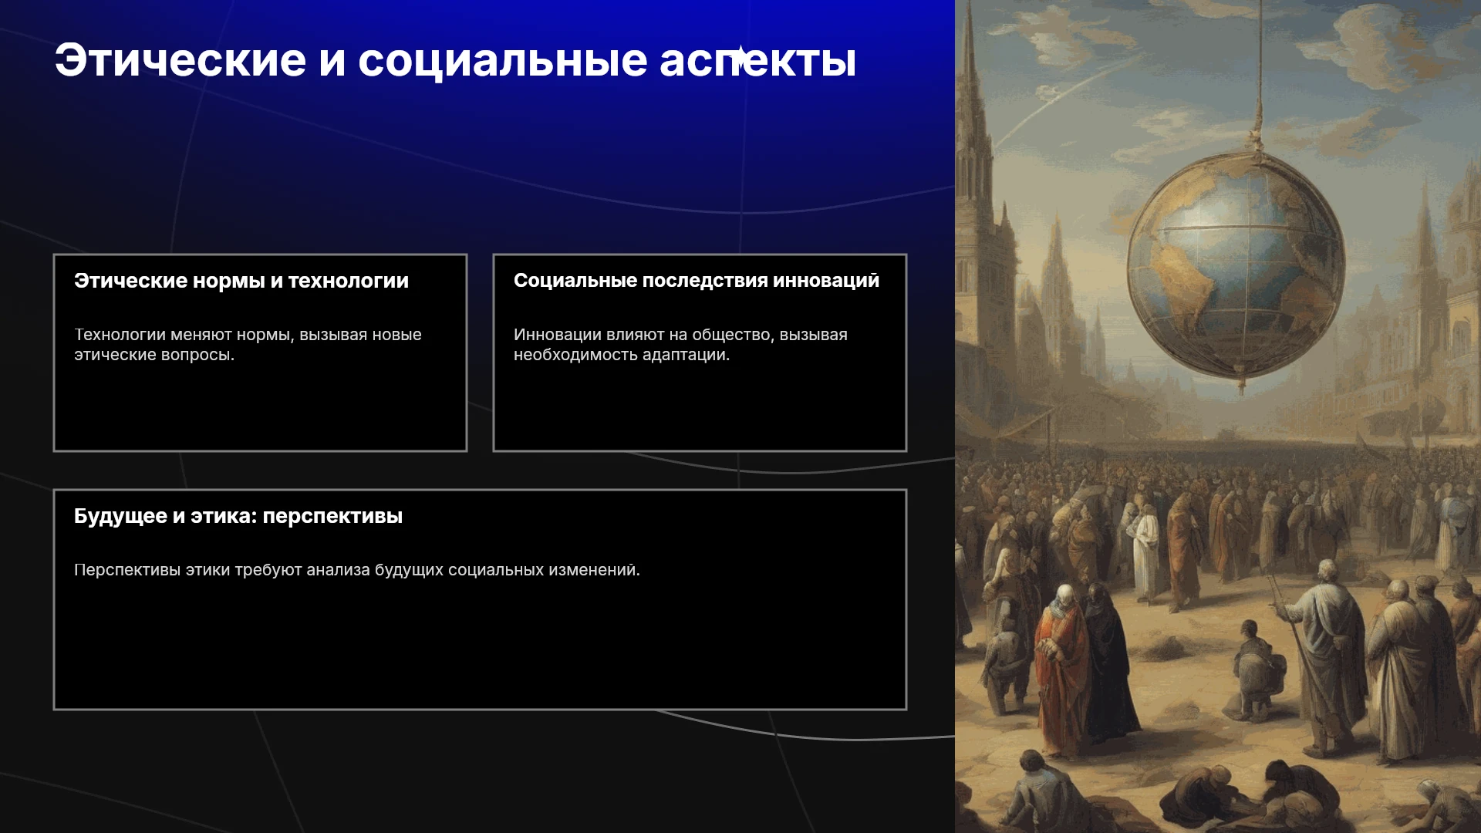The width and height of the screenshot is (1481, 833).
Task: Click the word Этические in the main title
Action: (x=180, y=60)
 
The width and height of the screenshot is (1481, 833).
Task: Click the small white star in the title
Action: (x=740, y=57)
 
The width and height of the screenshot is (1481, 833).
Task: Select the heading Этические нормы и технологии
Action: (x=241, y=281)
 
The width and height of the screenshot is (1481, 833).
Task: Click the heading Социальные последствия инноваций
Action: (x=697, y=281)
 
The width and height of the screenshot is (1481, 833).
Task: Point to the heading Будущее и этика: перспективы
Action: (x=238, y=516)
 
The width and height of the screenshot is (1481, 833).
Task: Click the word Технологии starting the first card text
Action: (x=120, y=335)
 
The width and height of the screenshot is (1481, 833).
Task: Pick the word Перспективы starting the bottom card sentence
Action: (x=127, y=570)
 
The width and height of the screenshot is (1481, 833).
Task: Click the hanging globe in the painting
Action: (x=1236, y=266)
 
